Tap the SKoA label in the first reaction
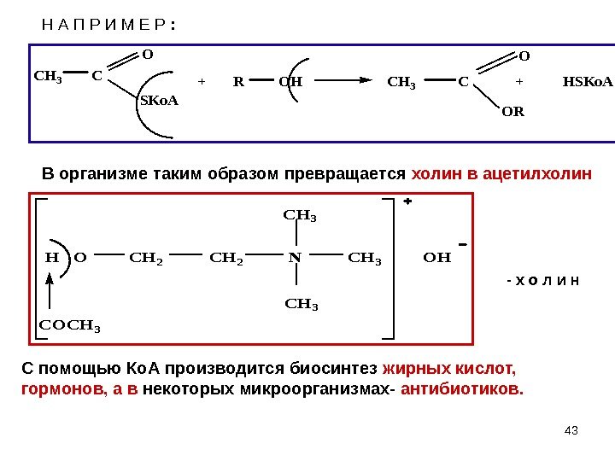pos(159,101)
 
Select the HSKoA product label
pos(588,83)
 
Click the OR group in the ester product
pos(513,112)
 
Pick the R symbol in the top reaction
pos(237,83)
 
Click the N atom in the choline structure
pos(294,256)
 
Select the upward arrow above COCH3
pos(50,290)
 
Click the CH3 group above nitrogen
pos(300,216)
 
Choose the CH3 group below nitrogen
pos(300,302)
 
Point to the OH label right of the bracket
pos(436,256)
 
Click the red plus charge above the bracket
pos(407,203)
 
